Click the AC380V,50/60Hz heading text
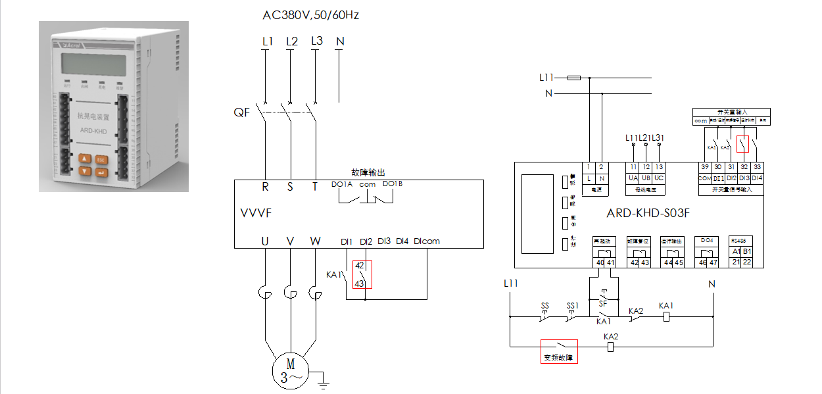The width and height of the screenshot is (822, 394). [x=310, y=14]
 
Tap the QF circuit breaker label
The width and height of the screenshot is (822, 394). [x=242, y=112]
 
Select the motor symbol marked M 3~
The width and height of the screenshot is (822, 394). [x=290, y=370]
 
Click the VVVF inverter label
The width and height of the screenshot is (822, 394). [x=256, y=214]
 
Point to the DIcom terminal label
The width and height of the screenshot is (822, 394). [x=427, y=241]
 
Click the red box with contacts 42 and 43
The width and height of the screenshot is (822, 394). [x=362, y=274]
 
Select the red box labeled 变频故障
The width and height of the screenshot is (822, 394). [x=558, y=351]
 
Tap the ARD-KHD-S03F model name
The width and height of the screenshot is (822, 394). [x=648, y=213]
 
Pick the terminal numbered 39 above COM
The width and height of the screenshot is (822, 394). [x=704, y=167]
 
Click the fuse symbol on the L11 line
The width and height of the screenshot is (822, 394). [x=573, y=78]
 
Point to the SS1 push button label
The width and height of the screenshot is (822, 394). [x=573, y=307]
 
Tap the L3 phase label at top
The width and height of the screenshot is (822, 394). [x=316, y=41]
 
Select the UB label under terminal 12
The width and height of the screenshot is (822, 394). [x=646, y=178]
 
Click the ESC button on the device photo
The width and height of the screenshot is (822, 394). [x=101, y=159]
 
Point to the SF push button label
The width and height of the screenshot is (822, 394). [x=602, y=303]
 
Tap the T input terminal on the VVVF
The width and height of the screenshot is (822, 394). [x=314, y=187]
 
